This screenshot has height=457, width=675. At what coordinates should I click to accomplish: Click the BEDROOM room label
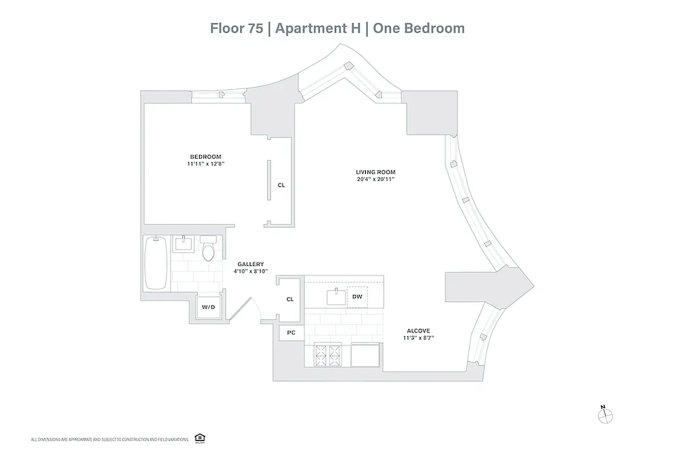click(205, 157)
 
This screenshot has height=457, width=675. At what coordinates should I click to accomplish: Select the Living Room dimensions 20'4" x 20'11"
click(375, 179)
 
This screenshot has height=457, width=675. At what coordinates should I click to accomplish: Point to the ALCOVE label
click(418, 330)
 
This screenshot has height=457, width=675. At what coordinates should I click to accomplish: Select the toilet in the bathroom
click(208, 250)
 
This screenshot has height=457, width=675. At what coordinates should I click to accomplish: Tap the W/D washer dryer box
click(208, 307)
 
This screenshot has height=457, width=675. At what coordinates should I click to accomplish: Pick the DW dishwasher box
click(357, 296)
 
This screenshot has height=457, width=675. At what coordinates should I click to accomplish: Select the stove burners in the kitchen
click(328, 356)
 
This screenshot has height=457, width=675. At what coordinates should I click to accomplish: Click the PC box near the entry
click(291, 333)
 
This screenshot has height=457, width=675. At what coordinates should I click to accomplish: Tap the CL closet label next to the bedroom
click(281, 185)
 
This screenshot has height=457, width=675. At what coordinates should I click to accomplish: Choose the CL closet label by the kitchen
click(290, 299)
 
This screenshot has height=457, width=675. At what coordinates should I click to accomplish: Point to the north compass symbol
click(604, 415)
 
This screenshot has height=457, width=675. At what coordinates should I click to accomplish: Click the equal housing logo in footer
click(199, 438)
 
